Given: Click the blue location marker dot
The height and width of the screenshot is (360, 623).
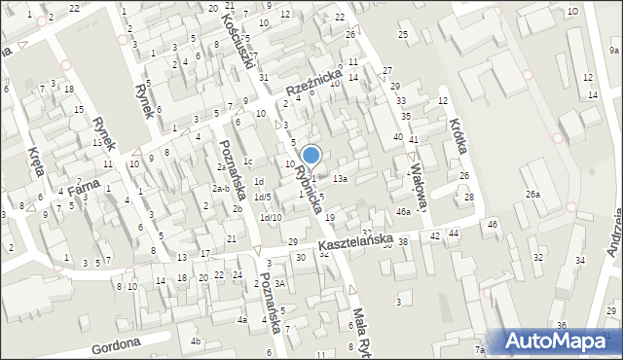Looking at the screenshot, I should point(311,155).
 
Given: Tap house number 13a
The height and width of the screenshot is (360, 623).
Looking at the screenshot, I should point(340,179).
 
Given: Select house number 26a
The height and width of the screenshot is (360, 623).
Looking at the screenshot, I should point(532,195).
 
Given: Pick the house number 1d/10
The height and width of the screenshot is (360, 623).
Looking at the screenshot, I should point(271,217).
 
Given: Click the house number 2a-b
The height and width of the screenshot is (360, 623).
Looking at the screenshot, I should point(221,188).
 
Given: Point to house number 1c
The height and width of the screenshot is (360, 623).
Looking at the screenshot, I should point(248,162).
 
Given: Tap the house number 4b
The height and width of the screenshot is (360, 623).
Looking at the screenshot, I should point(196,341).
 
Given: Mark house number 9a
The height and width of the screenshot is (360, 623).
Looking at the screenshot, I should point(614,51).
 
